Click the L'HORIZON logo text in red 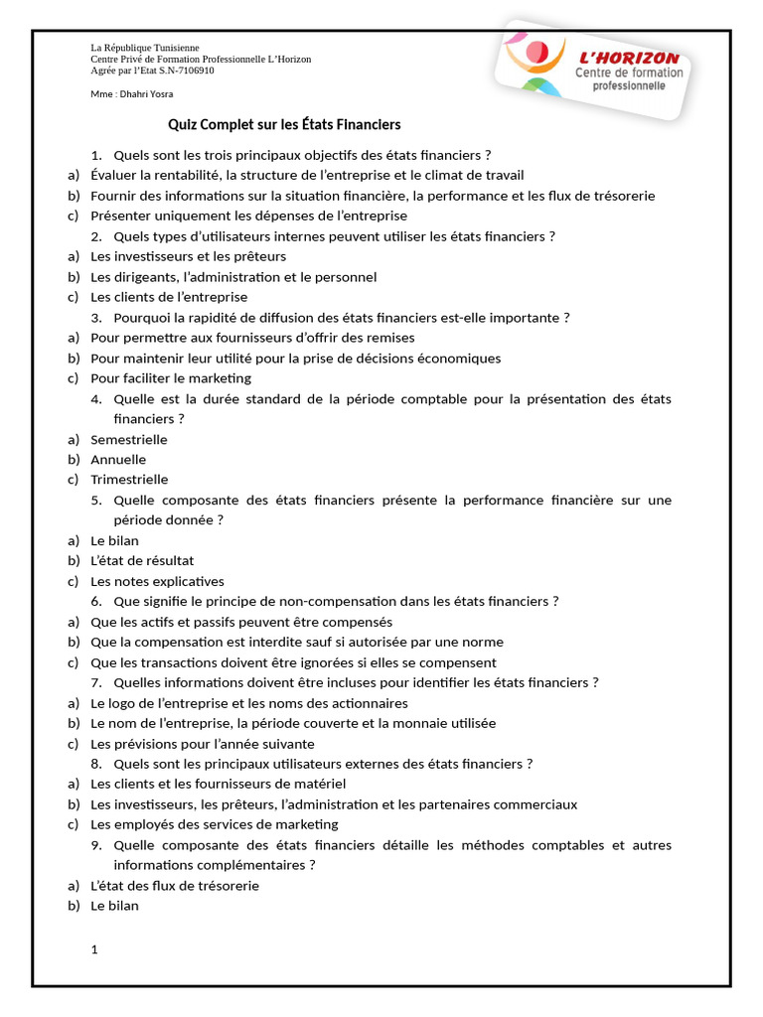point(629,59)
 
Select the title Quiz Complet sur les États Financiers point(284,125)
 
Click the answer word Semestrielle point(129,439)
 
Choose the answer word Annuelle point(118,460)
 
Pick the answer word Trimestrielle point(129,480)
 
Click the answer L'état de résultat point(142,561)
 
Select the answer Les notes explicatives point(157,581)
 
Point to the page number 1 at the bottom point(94,950)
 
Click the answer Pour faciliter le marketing point(171,378)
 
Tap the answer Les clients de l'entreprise point(169,297)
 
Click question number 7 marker point(96,682)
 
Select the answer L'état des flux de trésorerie point(175,885)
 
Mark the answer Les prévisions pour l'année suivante point(203,744)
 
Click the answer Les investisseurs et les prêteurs point(188,256)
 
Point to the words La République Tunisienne point(145,48)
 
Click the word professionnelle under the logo point(631,86)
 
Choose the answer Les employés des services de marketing point(215,824)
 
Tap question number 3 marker point(96,318)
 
